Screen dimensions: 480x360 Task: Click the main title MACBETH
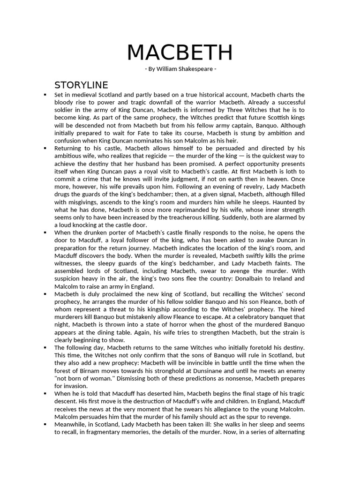pos(180,52)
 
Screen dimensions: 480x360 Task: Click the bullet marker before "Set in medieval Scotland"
pos(45,95)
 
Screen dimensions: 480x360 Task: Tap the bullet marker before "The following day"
pos(45,347)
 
